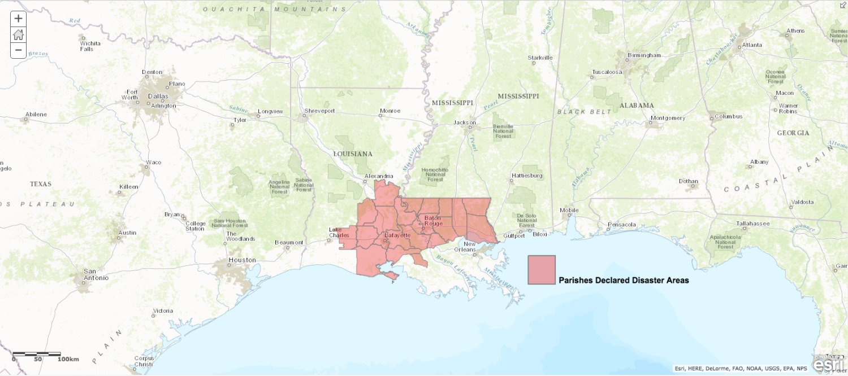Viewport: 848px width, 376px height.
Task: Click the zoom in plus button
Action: [18, 18]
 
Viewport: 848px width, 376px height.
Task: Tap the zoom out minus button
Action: [18, 50]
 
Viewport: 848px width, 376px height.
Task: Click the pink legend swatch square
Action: [542, 270]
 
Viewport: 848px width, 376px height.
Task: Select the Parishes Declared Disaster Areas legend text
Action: [624, 280]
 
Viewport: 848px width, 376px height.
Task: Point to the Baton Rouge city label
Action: [432, 220]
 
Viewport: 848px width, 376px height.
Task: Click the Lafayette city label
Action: [397, 235]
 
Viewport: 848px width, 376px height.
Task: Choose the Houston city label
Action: [241, 260]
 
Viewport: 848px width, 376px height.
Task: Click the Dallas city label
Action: [158, 96]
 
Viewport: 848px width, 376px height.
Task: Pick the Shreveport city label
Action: [319, 111]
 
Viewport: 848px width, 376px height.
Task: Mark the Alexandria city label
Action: [378, 176]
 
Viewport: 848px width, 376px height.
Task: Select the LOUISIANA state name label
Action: [353, 154]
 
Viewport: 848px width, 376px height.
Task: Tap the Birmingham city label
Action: [644, 55]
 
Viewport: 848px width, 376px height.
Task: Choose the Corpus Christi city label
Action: [144, 361]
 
